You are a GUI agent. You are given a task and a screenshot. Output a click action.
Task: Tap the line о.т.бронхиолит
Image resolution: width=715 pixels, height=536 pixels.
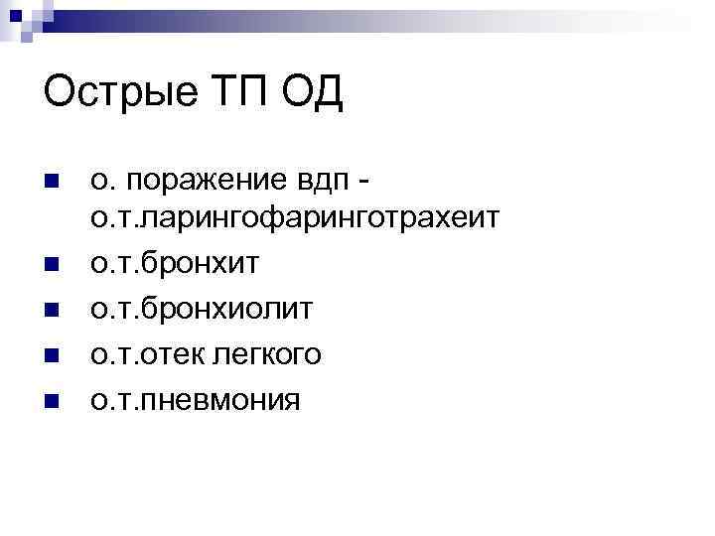coord(202,310)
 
